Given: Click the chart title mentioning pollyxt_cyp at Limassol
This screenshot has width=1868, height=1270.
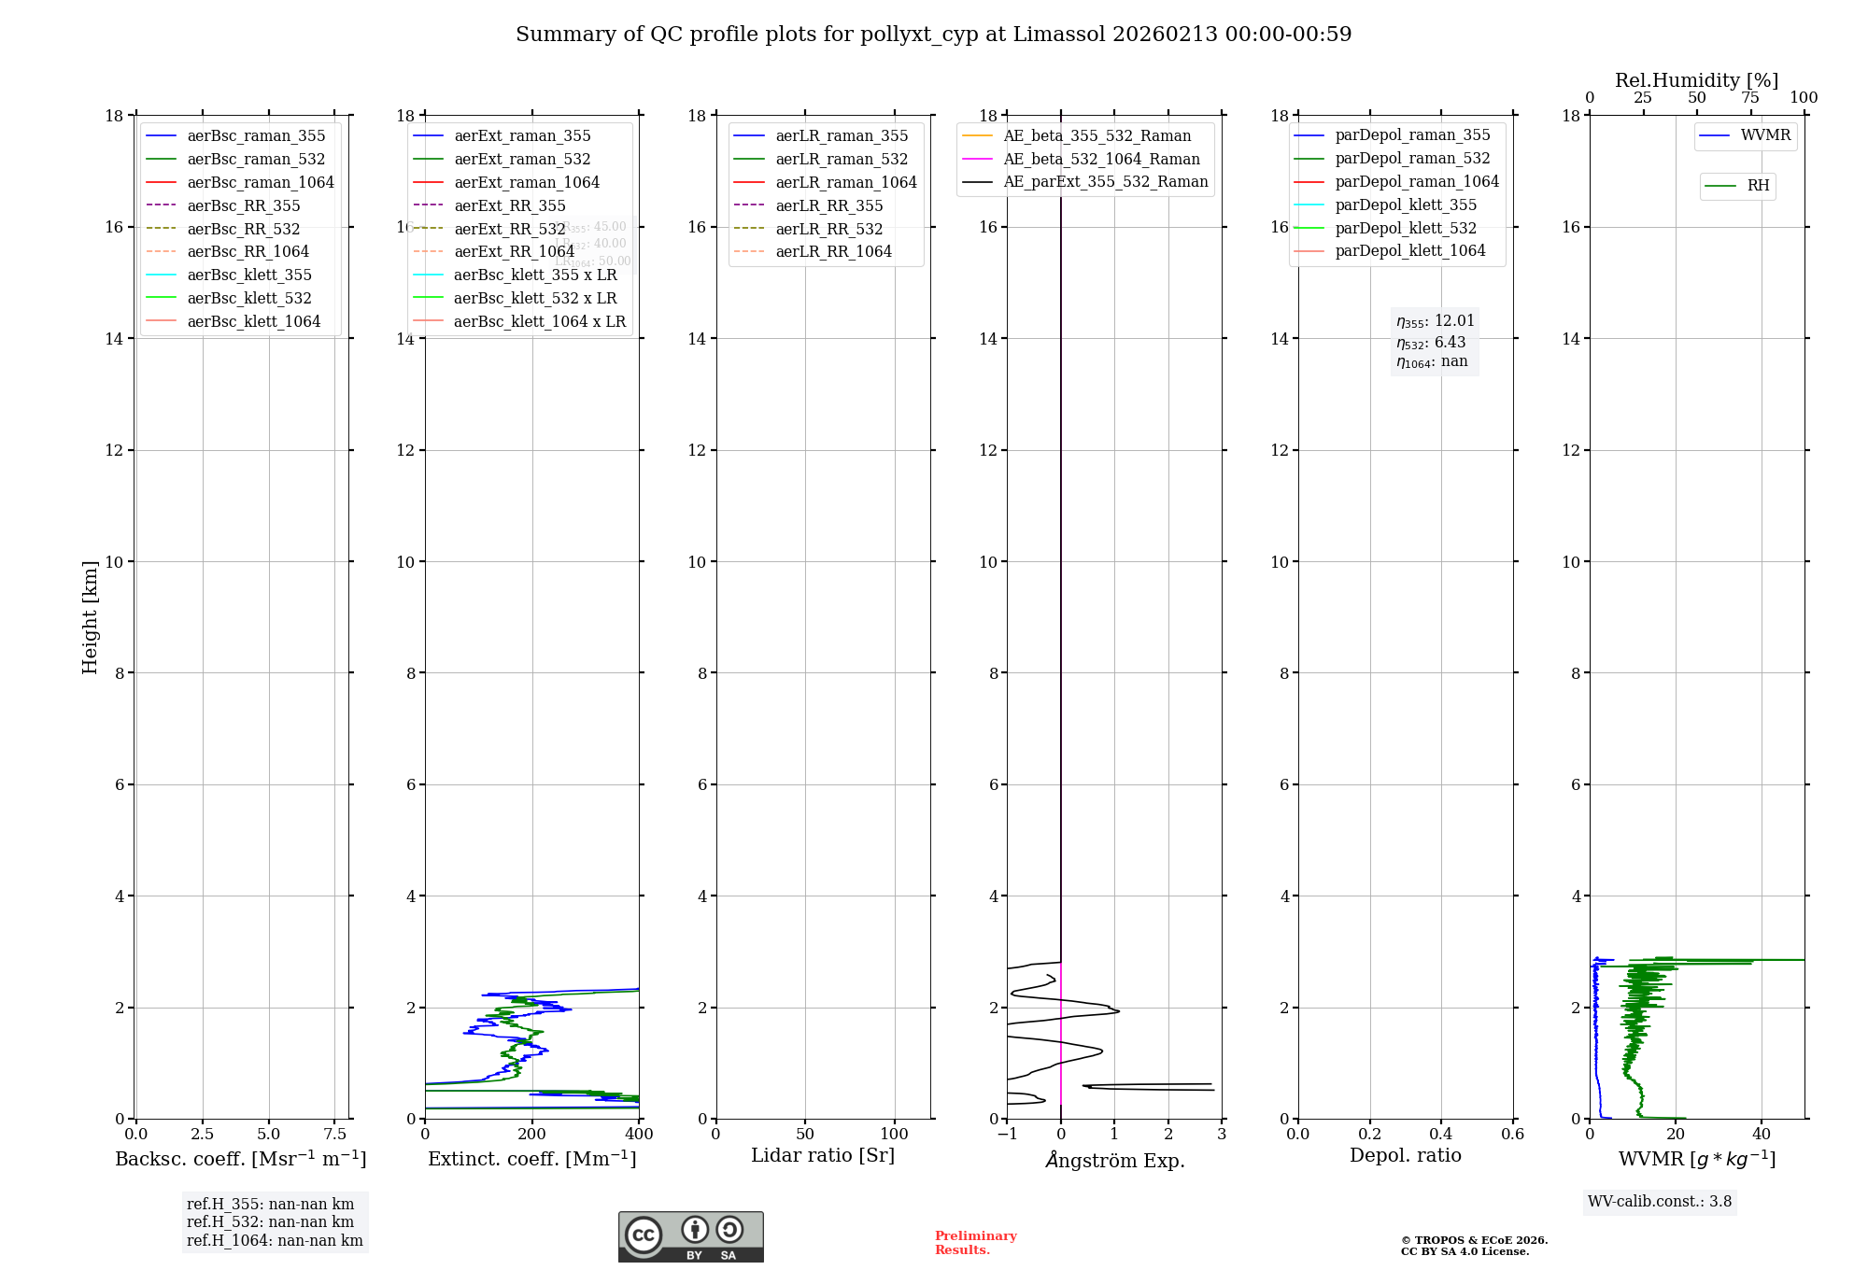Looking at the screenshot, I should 933,35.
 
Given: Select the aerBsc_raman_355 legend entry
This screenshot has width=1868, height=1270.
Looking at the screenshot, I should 256,136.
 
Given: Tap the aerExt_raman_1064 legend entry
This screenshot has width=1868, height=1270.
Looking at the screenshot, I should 527,183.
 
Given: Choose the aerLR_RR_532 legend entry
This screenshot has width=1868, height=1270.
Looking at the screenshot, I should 828,230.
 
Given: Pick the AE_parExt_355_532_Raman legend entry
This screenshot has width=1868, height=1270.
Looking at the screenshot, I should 1105,182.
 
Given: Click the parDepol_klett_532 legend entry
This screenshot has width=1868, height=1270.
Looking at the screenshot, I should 1406,229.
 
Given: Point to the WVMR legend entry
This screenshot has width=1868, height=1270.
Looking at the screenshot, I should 1765,135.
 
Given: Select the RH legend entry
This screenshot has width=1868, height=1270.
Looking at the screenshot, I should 1758,186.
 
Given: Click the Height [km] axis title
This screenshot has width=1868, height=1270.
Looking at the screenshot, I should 90,616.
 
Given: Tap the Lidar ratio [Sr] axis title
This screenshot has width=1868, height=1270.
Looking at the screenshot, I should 823,1155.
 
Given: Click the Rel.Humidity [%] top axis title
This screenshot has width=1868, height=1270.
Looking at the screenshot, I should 1696,80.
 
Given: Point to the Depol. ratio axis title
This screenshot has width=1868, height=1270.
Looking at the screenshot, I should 1405,1155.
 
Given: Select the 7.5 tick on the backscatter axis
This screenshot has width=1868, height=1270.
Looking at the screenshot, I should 335,1135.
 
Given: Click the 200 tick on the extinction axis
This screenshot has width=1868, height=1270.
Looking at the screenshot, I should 532,1135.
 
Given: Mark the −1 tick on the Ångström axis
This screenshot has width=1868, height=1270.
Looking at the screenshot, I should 1007,1135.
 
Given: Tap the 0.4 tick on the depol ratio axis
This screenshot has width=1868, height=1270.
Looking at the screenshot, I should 1441,1135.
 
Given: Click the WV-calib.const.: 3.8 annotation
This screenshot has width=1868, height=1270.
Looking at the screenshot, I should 1660,1202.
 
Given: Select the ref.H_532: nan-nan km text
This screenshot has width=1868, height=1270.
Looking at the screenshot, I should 270,1222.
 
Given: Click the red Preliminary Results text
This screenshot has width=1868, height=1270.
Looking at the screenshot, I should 975,1243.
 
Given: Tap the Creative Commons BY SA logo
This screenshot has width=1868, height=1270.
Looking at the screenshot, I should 690,1237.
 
